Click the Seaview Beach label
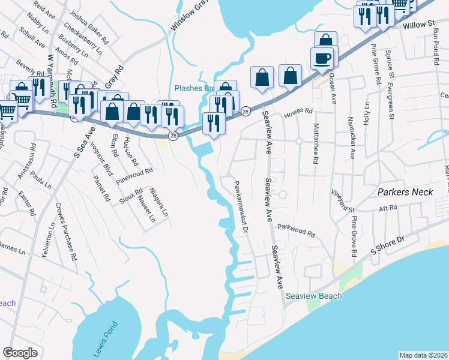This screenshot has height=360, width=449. pyautogui.click(x=314, y=296)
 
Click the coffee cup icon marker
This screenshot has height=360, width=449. pyautogui.click(x=322, y=58)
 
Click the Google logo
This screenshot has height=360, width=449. pyautogui.click(x=20, y=353)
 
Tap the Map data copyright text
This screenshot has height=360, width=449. pyautogui.click(x=423, y=355)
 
